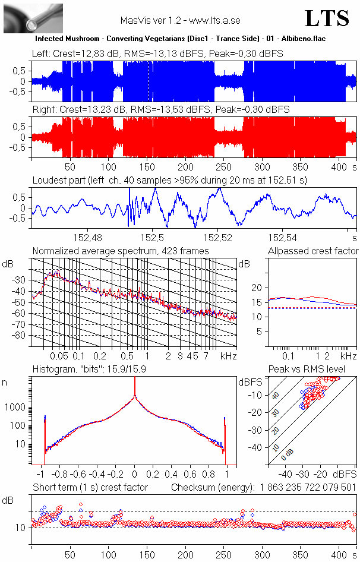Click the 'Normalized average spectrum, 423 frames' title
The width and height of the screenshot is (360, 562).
(121, 251)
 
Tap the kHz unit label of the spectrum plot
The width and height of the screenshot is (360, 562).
(228, 356)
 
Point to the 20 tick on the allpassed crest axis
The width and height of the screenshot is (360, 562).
(257, 288)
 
